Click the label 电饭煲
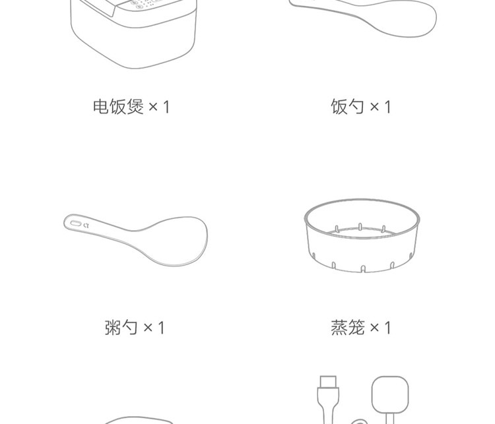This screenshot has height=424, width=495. click(118, 106)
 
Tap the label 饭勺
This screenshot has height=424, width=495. click(347, 106)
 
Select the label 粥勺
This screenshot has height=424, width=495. click(121, 327)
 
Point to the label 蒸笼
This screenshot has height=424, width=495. click(348, 327)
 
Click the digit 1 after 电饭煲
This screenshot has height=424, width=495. click(167, 107)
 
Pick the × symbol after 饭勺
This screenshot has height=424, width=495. click(374, 107)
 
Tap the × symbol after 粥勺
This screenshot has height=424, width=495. click(148, 328)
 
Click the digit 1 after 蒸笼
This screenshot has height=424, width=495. click(388, 328)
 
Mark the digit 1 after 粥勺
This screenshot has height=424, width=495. click(161, 328)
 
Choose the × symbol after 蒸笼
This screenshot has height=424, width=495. click(374, 328)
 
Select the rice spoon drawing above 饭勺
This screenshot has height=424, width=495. click(363, 17)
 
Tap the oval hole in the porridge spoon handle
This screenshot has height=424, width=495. click(76, 224)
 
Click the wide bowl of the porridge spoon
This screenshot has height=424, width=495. click(177, 241)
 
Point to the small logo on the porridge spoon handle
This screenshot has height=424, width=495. click(86, 226)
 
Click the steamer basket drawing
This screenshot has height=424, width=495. click(362, 235)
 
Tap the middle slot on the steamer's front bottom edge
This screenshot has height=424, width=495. click(363, 269)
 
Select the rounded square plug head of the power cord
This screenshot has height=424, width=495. click(390, 395)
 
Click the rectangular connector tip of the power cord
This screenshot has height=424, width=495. click(328, 382)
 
